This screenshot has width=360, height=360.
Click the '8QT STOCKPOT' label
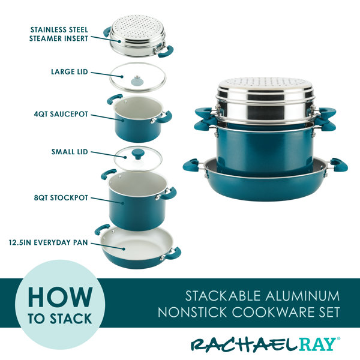[x=62, y=196]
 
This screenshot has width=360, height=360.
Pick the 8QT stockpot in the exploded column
[x=134, y=200]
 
